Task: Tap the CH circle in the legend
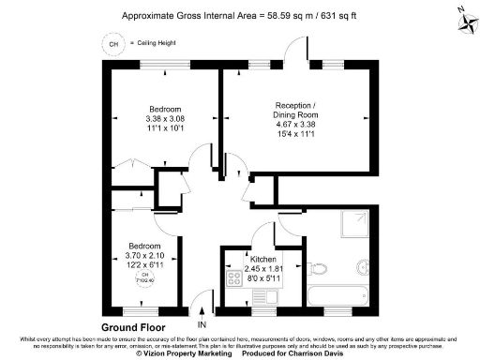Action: [114, 43]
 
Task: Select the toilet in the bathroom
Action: [320, 267]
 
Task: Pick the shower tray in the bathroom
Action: [353, 227]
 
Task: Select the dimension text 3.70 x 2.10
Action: [145, 256]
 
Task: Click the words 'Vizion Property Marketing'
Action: [189, 354]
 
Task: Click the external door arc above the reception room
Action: [299, 49]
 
